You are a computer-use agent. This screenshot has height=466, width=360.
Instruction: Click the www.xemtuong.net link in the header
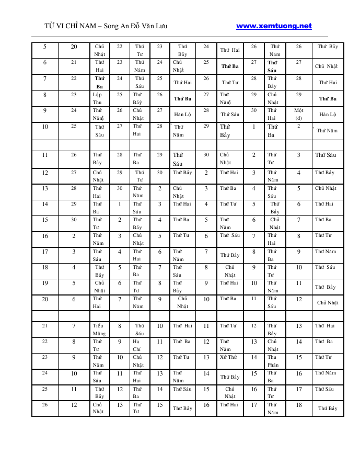(x=274, y=26)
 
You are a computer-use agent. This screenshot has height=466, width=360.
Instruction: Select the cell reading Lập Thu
(x=98, y=99)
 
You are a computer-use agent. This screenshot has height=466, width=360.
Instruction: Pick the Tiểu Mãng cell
(x=99, y=329)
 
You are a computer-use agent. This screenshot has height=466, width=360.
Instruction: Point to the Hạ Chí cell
(x=136, y=345)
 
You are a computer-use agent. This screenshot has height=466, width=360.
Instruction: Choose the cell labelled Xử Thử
(x=228, y=357)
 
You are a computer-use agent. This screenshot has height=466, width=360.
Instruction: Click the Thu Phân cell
(x=273, y=361)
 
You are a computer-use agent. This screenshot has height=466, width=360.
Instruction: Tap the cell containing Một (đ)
(x=299, y=114)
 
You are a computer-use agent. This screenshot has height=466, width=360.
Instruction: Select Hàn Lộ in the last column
(x=328, y=114)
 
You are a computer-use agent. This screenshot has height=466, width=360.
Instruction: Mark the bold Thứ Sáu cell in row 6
(x=273, y=66)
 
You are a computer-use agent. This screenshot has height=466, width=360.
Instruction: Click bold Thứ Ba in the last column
(x=328, y=98)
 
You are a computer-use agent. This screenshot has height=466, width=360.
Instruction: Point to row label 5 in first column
(x=45, y=47)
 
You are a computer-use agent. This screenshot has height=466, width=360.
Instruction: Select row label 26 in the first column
(x=45, y=404)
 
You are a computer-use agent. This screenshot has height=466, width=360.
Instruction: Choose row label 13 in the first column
(x=45, y=188)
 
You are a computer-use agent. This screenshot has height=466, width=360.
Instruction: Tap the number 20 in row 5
(x=74, y=47)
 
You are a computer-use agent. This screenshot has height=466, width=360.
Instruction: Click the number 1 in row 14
(x=120, y=204)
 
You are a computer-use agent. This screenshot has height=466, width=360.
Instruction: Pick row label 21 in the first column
(x=45, y=326)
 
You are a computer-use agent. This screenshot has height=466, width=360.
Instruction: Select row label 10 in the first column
(x=45, y=127)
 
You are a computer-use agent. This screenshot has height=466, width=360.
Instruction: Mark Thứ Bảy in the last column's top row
(x=328, y=47)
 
